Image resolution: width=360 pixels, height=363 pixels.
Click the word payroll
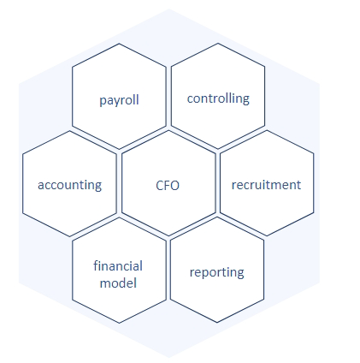point(119,100)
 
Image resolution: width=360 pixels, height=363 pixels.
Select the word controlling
point(218,98)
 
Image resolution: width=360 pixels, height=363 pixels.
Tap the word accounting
point(70,185)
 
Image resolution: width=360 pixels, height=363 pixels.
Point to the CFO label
point(168,186)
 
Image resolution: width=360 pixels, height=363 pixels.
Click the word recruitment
point(266,185)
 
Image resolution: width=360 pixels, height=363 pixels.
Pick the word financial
point(118,266)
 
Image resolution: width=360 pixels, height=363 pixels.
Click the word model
point(118,283)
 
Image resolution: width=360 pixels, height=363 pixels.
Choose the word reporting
point(217,273)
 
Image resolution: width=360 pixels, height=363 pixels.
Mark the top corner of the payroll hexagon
point(119,44)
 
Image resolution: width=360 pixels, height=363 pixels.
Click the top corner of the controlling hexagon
point(218,44)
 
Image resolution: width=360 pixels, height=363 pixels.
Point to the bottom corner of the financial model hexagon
point(119,323)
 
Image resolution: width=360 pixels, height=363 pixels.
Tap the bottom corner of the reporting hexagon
point(217,323)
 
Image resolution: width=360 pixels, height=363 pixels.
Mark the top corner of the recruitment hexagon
point(267,131)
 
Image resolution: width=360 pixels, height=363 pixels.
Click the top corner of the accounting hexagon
point(70,131)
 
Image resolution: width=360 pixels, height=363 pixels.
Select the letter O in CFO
point(174,186)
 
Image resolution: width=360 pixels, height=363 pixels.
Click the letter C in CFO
point(160,186)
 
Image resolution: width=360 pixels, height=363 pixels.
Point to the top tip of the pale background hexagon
point(169,9)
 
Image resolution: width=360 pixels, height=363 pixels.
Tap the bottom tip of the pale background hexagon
point(169,358)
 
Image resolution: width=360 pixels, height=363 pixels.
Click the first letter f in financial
point(96,266)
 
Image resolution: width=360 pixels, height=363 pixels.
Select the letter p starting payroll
point(103,102)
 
